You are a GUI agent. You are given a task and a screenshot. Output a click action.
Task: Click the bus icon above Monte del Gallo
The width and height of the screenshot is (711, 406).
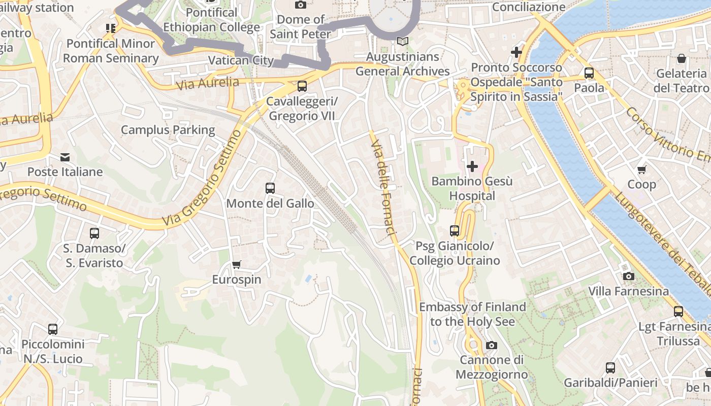tap(270, 188)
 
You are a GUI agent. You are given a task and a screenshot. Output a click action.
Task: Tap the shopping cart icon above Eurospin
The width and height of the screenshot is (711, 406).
tap(236, 264)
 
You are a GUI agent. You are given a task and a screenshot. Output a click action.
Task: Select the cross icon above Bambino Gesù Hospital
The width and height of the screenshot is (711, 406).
tap(472, 166)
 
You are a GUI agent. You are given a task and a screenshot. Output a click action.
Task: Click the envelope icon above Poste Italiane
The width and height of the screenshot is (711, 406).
tap(65, 157)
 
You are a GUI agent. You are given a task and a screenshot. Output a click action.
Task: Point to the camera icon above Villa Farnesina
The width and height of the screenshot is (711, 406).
tap(629, 276)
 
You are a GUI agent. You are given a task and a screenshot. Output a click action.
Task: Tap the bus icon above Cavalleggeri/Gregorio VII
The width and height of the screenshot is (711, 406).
tap(302, 86)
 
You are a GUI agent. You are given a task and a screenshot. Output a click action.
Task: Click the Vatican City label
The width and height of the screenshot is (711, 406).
tap(241, 60)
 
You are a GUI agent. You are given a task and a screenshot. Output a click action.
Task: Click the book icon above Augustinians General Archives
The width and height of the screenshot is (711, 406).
tap(403, 42)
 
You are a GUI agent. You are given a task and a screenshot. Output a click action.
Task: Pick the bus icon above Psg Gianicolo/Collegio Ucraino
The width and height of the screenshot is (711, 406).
tap(455, 231)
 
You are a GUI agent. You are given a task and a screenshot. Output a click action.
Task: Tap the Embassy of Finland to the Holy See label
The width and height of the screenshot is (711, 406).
tap(472, 314)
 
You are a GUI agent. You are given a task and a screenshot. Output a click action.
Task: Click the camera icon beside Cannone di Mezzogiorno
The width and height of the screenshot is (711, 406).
tap(491, 345)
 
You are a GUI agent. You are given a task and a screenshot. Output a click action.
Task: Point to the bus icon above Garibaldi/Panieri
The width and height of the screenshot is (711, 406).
tap(610, 367)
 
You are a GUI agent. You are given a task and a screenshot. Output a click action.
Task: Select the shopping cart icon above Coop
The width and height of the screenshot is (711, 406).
tap(642, 170)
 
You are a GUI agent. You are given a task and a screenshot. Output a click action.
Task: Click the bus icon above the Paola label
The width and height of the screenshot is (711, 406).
tap(589, 73)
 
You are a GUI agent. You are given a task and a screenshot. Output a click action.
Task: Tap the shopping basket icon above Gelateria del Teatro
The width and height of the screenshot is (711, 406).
tap(682, 58)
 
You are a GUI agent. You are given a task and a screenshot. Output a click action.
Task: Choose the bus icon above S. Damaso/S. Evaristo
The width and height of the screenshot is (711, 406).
tap(94, 233)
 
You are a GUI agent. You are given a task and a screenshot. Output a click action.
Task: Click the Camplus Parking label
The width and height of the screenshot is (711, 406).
tap(168, 130)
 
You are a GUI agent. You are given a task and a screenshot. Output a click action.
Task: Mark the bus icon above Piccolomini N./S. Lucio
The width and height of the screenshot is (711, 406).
tap(53, 329)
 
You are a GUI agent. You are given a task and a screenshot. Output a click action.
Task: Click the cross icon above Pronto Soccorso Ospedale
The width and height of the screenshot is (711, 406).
tap(516, 52)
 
